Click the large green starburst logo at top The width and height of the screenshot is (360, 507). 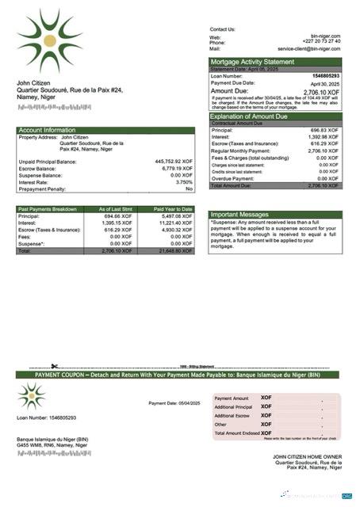coord(49,40)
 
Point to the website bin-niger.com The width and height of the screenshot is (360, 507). coord(325,36)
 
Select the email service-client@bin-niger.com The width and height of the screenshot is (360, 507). coord(308,48)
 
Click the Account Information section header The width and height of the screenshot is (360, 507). coord(48,129)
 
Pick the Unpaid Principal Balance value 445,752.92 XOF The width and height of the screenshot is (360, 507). coord(173,161)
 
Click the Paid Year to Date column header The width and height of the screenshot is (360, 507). coord(173,208)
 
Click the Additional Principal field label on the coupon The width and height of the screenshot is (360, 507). coord(233,406)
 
